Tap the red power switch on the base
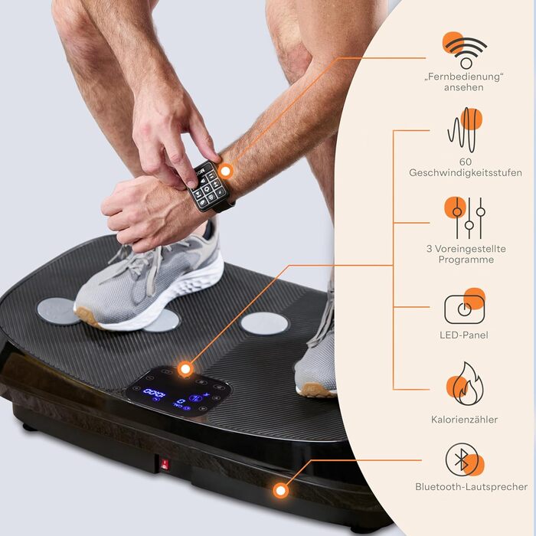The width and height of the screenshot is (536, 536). click(x=165, y=464)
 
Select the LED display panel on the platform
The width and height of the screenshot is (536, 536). click(x=178, y=392)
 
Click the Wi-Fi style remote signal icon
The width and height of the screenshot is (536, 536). click(x=465, y=51)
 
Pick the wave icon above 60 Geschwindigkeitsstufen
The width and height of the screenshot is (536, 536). click(x=465, y=129)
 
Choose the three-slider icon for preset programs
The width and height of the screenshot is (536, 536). click(x=466, y=217)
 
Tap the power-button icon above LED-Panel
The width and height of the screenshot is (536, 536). click(x=465, y=307)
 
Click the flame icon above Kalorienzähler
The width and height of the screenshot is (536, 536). click(x=465, y=384)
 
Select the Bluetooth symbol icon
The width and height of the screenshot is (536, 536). click(x=465, y=459)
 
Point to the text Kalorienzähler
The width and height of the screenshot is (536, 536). click(x=464, y=420)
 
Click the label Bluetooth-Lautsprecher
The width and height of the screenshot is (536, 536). click(x=471, y=487)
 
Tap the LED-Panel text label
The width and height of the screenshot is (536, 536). click(x=464, y=335)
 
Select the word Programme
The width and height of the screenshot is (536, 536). click(x=466, y=260)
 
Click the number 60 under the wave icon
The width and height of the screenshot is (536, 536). click(x=466, y=162)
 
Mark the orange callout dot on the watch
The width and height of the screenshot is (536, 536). click(x=226, y=171)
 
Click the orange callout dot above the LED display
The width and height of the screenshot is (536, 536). click(x=185, y=369)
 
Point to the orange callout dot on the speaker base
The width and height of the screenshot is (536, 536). click(x=281, y=491)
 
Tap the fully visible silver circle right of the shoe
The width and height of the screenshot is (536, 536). click(x=264, y=323)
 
